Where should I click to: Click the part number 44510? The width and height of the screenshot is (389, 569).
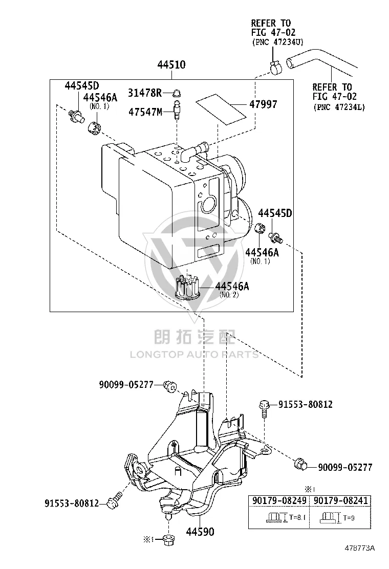(171, 64)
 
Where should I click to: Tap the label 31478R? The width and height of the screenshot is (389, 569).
(144, 93)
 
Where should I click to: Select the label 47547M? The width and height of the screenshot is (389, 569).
(145, 112)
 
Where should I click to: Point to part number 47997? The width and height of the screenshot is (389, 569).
(263, 104)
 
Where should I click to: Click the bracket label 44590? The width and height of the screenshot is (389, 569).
(200, 532)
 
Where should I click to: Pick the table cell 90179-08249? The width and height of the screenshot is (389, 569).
(279, 500)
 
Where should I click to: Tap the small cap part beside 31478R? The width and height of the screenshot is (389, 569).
(177, 93)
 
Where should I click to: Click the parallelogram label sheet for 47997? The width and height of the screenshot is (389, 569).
(221, 110)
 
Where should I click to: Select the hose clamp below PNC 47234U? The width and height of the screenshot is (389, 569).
(276, 67)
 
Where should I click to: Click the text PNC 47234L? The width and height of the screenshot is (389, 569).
(339, 107)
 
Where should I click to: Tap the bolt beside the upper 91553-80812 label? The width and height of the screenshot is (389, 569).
(264, 409)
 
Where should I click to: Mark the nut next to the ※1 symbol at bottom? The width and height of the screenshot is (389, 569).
(168, 539)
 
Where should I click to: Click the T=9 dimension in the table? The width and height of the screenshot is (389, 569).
(349, 518)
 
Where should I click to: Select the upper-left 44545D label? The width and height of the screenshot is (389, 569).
(82, 85)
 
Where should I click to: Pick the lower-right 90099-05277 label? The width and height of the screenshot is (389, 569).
(345, 467)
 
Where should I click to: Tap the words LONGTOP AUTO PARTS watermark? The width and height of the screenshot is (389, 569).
(194, 355)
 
